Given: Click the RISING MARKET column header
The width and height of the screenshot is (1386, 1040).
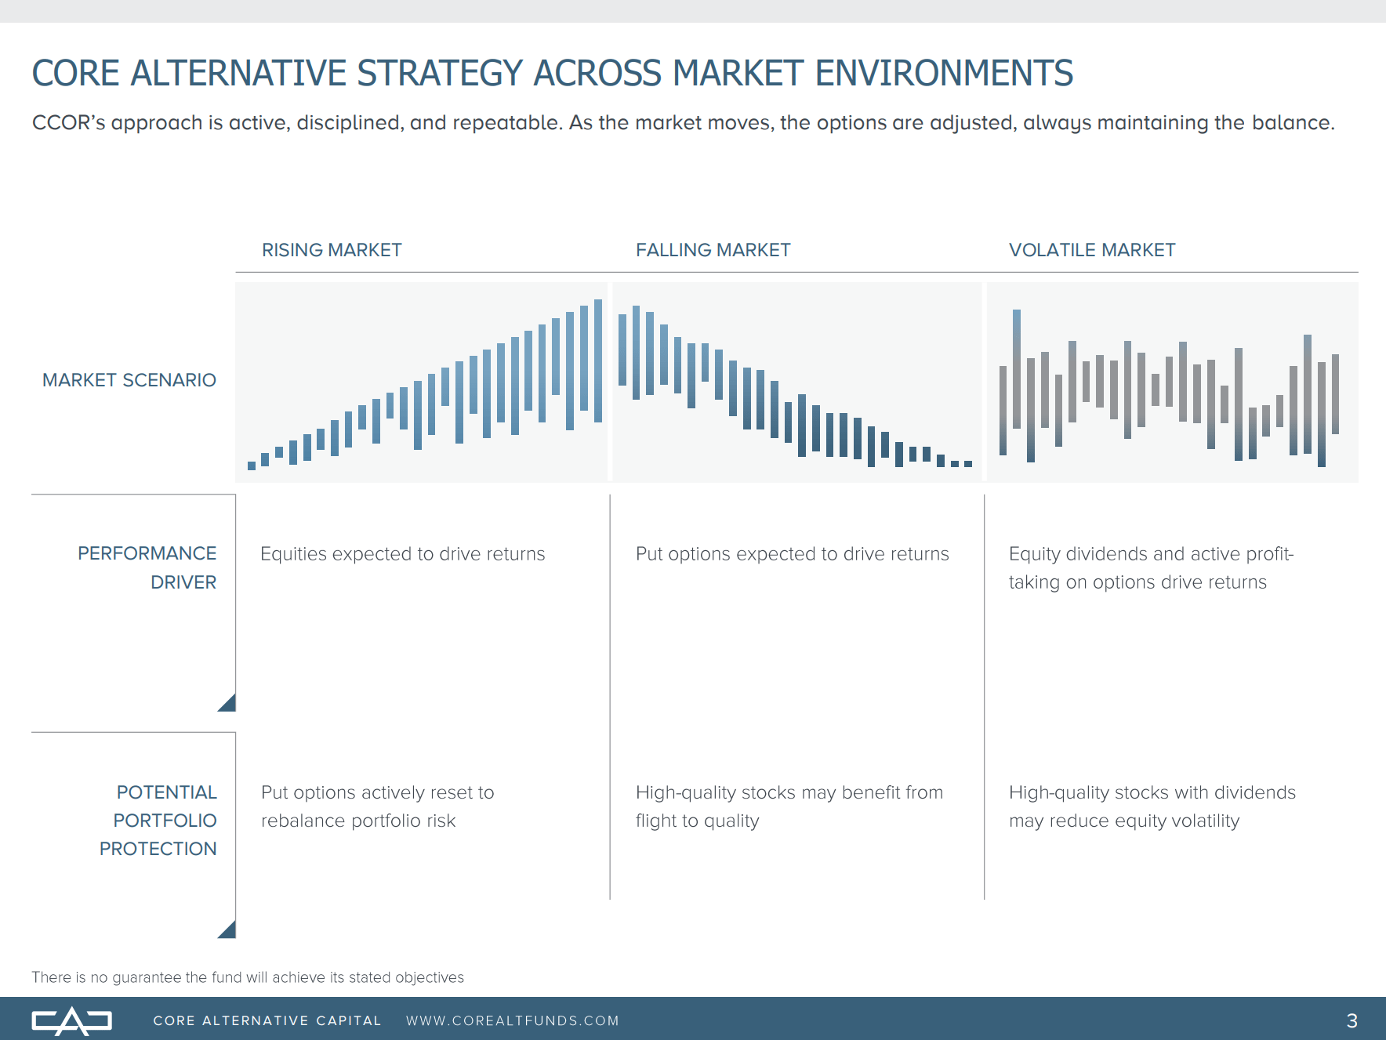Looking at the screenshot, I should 332,250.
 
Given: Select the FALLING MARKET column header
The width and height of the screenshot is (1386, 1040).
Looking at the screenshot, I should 713,250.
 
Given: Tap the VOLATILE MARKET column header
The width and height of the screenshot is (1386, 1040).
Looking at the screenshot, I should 1091,250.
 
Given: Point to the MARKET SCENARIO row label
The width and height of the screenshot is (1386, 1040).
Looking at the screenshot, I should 129,380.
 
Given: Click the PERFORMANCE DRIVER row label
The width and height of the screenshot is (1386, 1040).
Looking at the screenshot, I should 147,567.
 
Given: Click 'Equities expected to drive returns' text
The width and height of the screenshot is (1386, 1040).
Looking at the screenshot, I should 402,554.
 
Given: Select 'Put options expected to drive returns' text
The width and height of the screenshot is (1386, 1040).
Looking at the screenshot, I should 792,554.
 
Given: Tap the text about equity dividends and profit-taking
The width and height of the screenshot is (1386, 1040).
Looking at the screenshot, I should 1150,568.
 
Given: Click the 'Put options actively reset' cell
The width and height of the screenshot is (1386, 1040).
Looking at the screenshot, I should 377,806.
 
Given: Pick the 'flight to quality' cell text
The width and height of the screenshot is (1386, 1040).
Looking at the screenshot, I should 789,806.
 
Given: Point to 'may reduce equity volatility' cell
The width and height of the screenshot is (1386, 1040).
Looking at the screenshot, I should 1151,806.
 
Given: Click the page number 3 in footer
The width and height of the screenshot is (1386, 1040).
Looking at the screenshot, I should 1352,1020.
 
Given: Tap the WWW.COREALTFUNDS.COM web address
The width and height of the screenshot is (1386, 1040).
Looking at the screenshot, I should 512,1020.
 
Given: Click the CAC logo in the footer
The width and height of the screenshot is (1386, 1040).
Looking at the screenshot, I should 71,1020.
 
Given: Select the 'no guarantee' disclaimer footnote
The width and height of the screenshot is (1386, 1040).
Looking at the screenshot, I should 248,977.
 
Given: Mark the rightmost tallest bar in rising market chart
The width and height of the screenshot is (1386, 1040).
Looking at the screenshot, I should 598,361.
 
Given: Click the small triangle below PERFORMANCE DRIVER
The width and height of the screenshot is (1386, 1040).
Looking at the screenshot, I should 228,704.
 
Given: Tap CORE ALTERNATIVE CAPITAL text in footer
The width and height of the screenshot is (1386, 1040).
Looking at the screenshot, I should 267,1020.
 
